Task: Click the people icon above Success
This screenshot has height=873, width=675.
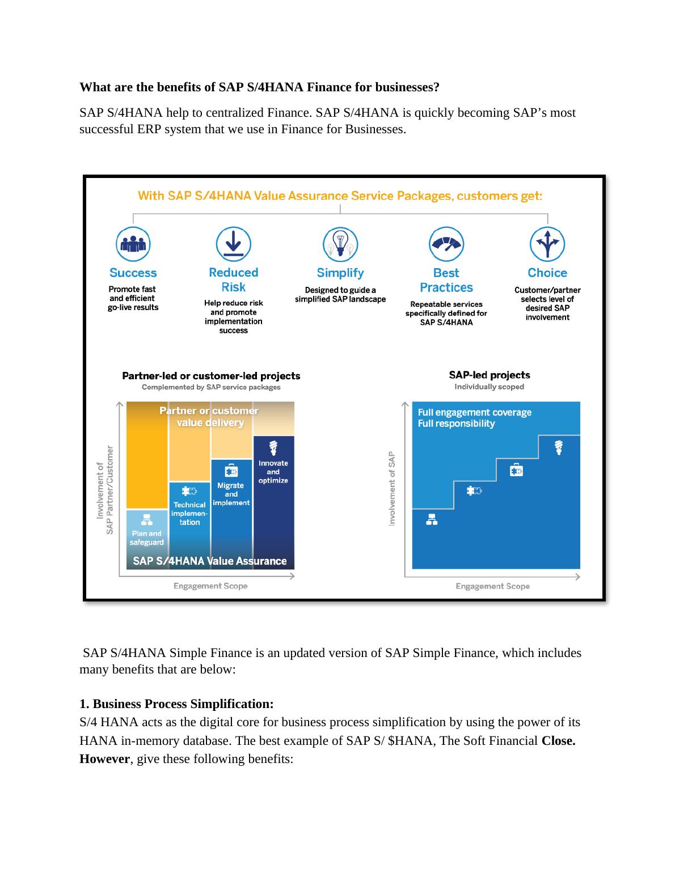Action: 133,244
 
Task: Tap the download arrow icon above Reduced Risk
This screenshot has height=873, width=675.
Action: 233,244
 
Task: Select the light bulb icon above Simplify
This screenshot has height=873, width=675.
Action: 340,244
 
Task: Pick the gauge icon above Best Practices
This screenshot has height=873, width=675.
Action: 446,244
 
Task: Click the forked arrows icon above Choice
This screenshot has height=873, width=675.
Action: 547,244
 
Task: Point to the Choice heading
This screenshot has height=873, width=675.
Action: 547,273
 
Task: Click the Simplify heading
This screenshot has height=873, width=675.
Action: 340,273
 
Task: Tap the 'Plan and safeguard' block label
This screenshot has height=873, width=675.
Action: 146,537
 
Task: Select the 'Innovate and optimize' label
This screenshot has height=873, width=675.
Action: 273,472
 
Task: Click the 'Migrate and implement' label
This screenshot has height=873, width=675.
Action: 231,494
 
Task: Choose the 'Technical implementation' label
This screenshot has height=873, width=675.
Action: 189,513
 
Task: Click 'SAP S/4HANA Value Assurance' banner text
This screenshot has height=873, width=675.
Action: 210,561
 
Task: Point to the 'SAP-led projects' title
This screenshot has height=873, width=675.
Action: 490,375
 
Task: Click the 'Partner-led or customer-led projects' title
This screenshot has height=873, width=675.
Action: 211,376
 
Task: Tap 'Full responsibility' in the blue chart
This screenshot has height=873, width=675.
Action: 456,423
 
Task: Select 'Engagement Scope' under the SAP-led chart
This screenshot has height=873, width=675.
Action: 492,586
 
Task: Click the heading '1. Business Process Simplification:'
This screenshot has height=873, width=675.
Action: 176,704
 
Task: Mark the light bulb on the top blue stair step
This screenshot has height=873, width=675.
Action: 559,447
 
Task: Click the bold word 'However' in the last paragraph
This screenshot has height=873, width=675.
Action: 104,759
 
